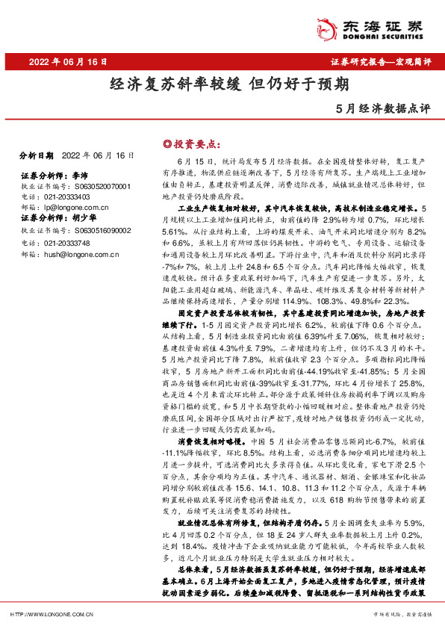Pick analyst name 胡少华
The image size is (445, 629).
click(82, 218)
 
